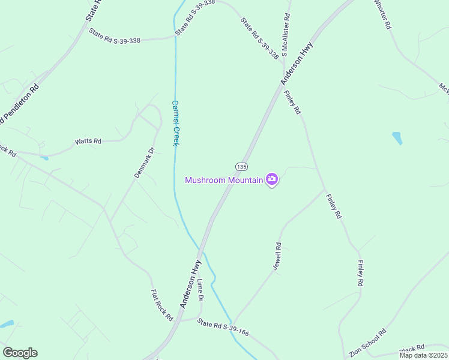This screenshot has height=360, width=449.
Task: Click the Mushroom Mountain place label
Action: click(x=224, y=180)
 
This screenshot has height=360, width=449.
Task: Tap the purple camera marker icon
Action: click(x=272, y=179)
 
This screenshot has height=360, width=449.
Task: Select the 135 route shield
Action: click(x=241, y=166)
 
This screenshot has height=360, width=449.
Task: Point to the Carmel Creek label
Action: click(x=176, y=123)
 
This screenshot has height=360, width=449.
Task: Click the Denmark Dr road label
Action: click(x=144, y=162)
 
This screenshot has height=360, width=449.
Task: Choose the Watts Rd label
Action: click(x=88, y=142)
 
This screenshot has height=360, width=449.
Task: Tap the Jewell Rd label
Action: click(x=277, y=257)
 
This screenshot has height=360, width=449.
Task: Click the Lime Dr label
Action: click(x=200, y=290)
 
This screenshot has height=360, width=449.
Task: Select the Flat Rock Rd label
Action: click(x=161, y=305)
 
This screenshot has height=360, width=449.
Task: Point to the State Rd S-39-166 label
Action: click(x=223, y=328)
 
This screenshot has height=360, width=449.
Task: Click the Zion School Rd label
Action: click(x=367, y=342)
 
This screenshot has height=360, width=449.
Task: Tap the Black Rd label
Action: click(x=412, y=348)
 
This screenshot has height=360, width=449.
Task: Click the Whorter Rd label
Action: click(x=383, y=14)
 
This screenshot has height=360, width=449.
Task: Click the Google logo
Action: click(x=20, y=353)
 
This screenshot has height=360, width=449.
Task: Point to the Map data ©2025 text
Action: click(x=423, y=355)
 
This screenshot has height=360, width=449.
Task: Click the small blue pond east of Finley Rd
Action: click(x=397, y=138)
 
